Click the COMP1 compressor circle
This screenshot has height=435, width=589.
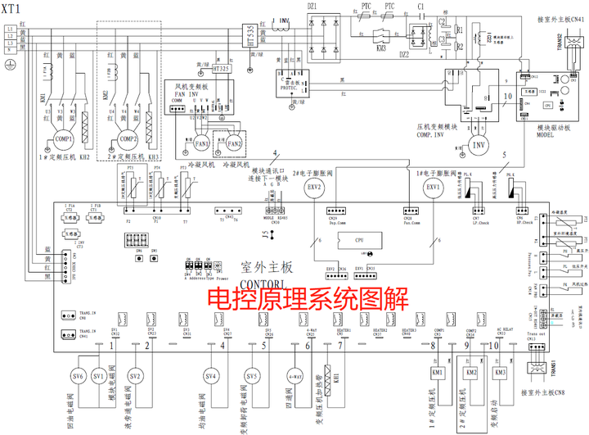(63, 139)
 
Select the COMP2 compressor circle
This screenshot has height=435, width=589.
(128, 139)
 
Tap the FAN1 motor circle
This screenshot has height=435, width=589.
(201, 144)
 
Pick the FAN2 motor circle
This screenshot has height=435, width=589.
(236, 144)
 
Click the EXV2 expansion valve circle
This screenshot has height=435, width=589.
(316, 186)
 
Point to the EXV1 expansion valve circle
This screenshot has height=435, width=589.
(433, 186)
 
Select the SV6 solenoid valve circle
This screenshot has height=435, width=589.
(78, 376)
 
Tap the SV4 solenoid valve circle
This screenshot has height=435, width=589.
(211, 376)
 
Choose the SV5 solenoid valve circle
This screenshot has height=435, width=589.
(253, 376)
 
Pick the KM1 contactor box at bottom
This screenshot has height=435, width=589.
(438, 374)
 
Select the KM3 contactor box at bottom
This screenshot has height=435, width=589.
(501, 374)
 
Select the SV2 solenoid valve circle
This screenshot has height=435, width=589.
(136, 376)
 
